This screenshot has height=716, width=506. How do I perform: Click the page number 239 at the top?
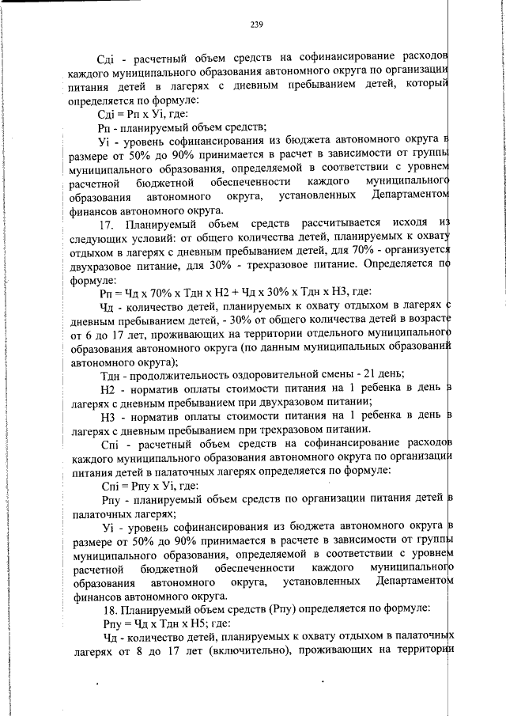pyautogui.click(x=255, y=25)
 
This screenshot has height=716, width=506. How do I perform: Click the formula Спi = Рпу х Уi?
pyautogui.click(x=150, y=485)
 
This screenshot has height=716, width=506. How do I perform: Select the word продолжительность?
pyautogui.click(x=174, y=374)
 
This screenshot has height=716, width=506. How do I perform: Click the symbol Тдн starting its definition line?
pyautogui.click(x=110, y=374)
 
